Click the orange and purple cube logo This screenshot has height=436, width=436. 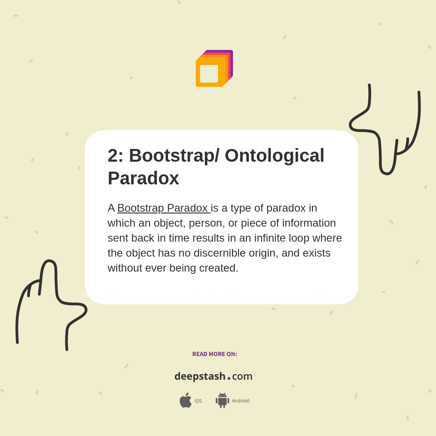[214, 69]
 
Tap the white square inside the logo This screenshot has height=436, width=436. [209, 74]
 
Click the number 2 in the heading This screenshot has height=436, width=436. [114, 155]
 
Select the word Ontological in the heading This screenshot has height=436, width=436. [274, 155]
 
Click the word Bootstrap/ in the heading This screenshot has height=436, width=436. [174, 155]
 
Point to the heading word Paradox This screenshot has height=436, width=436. [144, 178]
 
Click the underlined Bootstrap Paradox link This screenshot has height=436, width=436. [164, 208]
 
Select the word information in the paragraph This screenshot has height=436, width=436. [309, 223]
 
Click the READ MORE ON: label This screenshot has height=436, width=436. [215, 354]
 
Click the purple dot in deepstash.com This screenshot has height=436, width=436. [229, 378]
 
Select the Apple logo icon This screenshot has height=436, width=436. [185, 400]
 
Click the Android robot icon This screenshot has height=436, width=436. [223, 401]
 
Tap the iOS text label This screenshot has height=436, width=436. [198, 401]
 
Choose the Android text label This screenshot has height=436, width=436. [241, 401]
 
